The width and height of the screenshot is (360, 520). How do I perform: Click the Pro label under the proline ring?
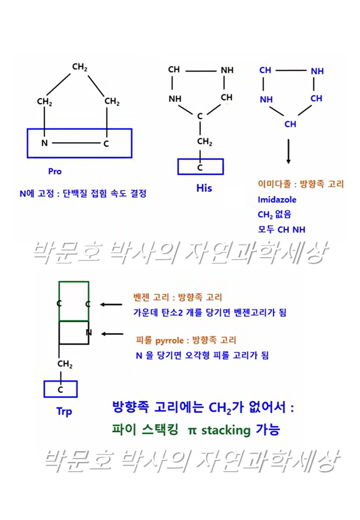pyautogui.click(x=55, y=172)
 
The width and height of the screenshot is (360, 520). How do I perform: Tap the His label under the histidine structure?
pyautogui.click(x=204, y=188)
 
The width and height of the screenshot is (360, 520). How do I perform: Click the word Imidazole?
pyautogui.click(x=277, y=200)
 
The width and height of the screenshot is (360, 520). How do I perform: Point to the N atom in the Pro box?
pyautogui.click(x=44, y=143)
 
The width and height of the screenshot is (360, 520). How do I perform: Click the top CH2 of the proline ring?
pyautogui.click(x=80, y=67)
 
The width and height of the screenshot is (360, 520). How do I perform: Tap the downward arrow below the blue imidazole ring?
pyautogui.click(x=288, y=151)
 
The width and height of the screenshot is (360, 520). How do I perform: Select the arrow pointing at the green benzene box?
pyautogui.click(x=111, y=304)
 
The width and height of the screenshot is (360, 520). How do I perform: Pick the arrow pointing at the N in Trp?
pyautogui.click(x=112, y=334)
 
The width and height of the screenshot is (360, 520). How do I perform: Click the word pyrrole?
pyautogui.click(x=169, y=341)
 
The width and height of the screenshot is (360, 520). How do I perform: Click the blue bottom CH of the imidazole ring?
pyautogui.click(x=290, y=124)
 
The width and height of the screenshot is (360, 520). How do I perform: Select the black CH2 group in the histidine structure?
pyautogui.click(x=204, y=142)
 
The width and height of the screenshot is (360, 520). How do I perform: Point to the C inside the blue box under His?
pyautogui.click(x=200, y=168)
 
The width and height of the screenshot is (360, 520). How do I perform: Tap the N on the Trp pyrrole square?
pyautogui.click(x=89, y=333)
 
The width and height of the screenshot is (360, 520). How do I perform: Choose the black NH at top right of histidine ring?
pyautogui.click(x=227, y=70)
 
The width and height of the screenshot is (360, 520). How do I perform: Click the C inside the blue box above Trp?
pyautogui.click(x=60, y=390)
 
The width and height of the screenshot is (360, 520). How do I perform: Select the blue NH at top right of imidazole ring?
pyautogui.click(x=317, y=71)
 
